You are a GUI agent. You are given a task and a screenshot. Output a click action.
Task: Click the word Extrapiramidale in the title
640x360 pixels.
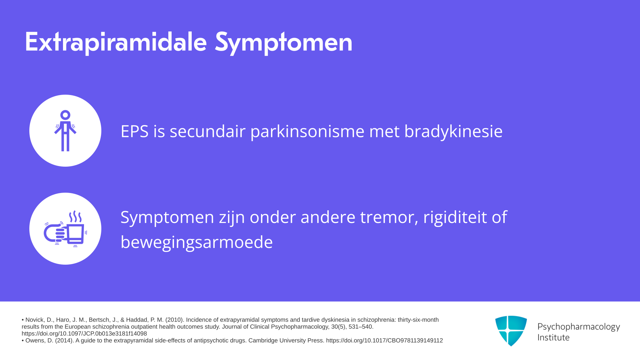[116, 42]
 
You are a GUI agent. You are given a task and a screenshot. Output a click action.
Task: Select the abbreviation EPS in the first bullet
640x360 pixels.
[134, 131]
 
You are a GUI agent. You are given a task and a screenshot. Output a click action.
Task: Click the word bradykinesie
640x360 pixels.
[453, 131]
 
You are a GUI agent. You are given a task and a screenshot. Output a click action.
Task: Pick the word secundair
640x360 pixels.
[208, 131]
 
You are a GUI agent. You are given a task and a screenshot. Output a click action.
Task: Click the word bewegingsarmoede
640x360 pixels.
[197, 242]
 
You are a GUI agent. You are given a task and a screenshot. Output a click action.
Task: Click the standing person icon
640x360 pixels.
[65, 131]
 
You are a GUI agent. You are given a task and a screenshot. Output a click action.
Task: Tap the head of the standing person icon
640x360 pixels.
[65, 115]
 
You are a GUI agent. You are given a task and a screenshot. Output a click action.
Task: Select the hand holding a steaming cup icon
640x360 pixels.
[65, 229]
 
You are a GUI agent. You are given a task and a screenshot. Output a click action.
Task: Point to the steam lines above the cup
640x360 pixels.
[75, 217]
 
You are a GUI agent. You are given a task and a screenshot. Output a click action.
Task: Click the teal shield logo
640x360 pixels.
[511, 331]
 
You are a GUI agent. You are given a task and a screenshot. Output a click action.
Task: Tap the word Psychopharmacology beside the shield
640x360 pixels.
[579, 327]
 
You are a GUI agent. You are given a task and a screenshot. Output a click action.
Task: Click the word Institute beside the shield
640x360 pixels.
[553, 338]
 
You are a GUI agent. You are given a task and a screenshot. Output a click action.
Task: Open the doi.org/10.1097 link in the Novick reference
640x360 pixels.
[84, 334]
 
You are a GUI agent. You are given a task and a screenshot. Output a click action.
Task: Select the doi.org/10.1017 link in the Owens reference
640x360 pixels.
[384, 341]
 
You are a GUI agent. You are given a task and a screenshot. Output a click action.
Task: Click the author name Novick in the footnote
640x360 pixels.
[35, 320]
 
